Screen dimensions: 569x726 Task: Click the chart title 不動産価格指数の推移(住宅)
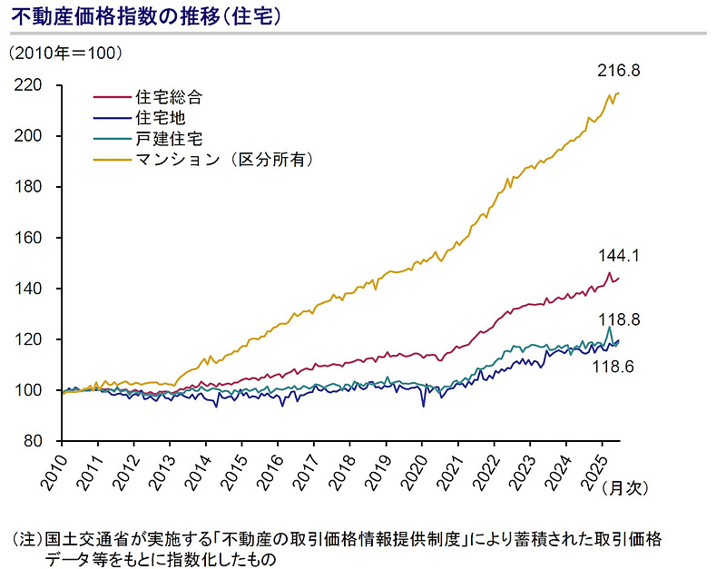coord(145,16)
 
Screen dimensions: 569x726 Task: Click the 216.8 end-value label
coord(620,71)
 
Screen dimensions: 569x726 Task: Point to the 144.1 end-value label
coord(620,256)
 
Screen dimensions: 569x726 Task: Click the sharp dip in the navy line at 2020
coord(424,406)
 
